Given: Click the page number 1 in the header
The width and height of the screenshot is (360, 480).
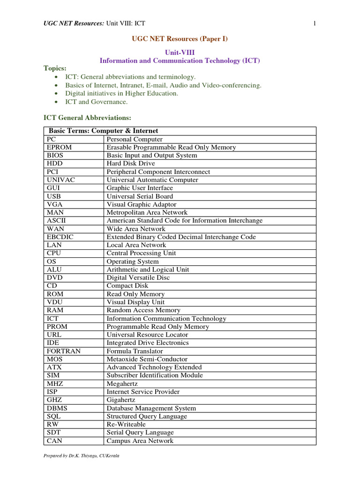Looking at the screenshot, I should pos(315,23).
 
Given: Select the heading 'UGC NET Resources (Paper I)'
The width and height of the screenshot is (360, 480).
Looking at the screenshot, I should pos(180,39).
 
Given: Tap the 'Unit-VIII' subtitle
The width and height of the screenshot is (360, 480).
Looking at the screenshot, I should pos(180,52).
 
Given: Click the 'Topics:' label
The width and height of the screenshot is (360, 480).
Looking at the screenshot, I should pos(55,68).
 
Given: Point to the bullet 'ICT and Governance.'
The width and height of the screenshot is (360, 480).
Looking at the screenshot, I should pos(96,102).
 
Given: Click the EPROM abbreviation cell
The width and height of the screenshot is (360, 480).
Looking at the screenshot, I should pos(59,147).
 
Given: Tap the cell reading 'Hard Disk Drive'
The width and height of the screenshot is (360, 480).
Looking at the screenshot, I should pos(131,164).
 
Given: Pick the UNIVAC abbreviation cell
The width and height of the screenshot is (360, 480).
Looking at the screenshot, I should pos(60,180).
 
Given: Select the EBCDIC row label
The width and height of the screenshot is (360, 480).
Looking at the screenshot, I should pos(60,237).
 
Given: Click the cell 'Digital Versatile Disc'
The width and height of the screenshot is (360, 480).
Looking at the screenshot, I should pos(138,277).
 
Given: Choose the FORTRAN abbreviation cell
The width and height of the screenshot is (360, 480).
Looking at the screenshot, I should pos(64,351).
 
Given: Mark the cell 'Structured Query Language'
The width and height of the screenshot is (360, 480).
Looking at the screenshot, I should pos(147,416).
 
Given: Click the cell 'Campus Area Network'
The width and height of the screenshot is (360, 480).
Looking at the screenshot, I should pos(140,441).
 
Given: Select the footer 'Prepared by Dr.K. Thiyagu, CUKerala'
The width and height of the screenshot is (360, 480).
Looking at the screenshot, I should pos(81,456).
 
